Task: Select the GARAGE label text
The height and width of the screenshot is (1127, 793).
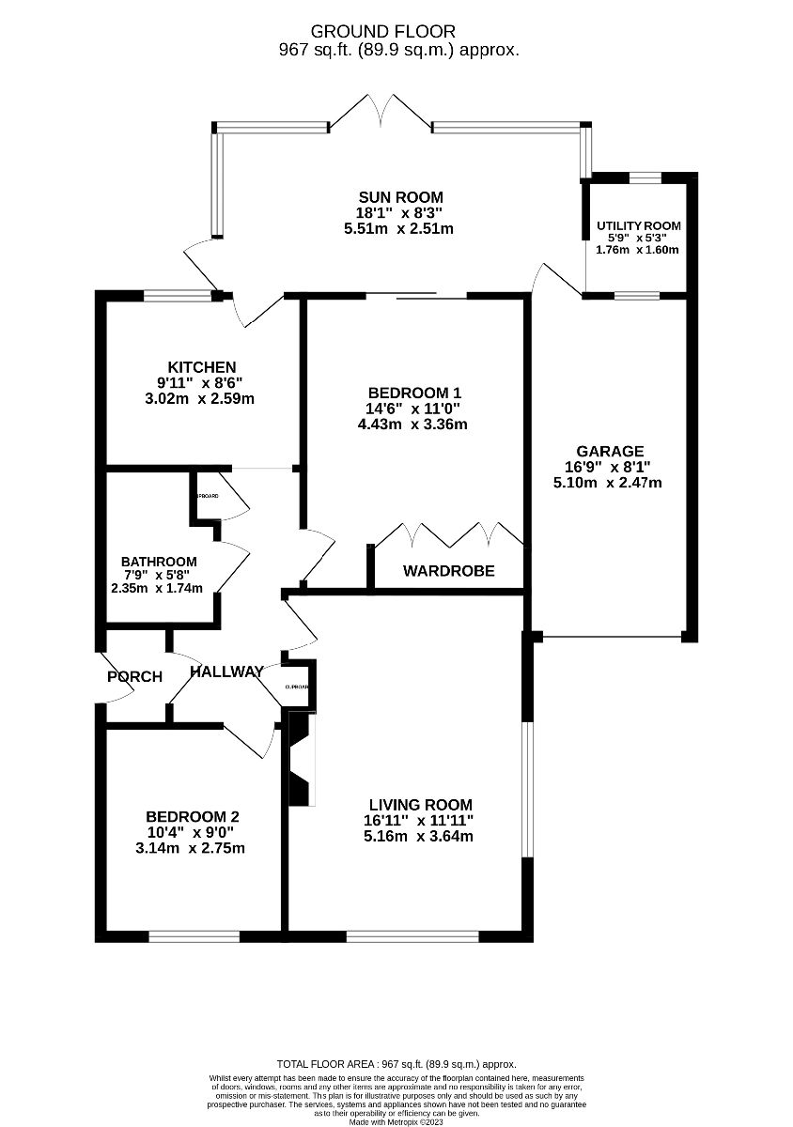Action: (x=611, y=452)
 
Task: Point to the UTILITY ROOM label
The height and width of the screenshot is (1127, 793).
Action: (x=639, y=226)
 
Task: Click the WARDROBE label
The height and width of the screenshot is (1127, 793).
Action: (x=449, y=571)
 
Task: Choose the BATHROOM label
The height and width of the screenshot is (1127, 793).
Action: (x=159, y=562)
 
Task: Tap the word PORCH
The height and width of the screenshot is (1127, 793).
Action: (x=134, y=676)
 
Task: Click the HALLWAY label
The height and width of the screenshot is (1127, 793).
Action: (x=226, y=672)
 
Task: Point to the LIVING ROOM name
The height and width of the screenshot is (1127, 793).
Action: (x=420, y=805)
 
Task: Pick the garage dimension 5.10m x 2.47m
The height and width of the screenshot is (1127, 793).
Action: (x=608, y=483)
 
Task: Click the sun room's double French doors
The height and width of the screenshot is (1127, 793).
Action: (x=381, y=111)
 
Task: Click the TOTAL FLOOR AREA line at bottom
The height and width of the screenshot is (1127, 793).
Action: (x=396, y=1064)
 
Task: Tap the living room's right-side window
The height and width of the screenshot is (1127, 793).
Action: (x=528, y=789)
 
